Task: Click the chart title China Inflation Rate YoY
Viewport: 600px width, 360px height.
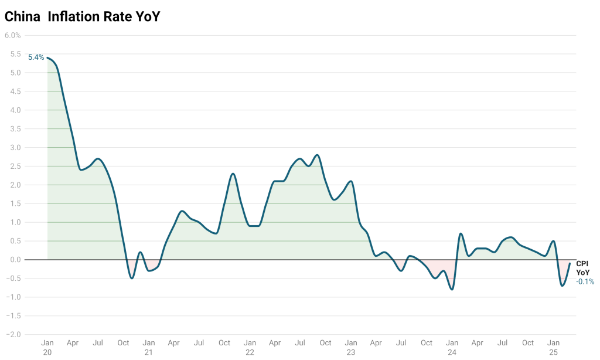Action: tap(82, 17)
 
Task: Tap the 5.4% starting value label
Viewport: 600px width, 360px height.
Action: tap(36, 57)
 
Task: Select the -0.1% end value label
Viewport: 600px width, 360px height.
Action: tap(585, 281)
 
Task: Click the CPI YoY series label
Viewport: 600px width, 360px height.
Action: tap(582, 269)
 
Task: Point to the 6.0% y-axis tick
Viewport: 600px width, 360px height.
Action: tap(13, 35)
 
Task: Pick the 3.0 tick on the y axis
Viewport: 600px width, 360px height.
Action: tap(16, 148)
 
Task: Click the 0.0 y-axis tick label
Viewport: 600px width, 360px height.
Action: tap(16, 260)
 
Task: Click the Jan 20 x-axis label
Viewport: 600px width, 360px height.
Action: tap(47, 347)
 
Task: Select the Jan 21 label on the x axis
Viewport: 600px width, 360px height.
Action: tap(149, 347)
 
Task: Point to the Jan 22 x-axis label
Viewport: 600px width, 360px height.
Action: tap(250, 347)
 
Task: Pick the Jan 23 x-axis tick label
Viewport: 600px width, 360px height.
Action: tap(351, 347)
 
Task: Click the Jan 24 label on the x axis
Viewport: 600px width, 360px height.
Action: tap(452, 347)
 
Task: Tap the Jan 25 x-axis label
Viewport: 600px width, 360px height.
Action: tap(553, 347)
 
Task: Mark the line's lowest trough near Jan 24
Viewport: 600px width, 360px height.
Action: tap(452, 289)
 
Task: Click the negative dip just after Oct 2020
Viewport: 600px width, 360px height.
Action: tap(132, 278)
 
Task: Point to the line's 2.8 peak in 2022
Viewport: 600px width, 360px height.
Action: tap(317, 155)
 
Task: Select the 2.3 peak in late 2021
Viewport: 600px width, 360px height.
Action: tap(233, 174)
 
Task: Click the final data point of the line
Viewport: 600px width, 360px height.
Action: tap(570, 263)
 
